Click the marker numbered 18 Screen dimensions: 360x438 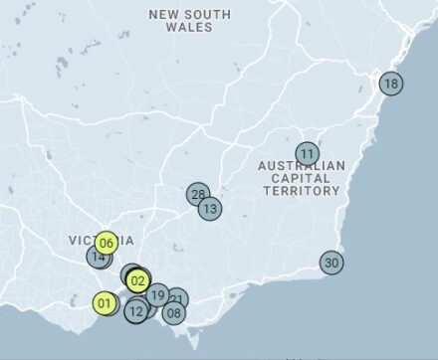[x=390, y=84]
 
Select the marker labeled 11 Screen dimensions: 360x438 [x=308, y=154]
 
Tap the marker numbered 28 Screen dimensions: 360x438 [x=198, y=194]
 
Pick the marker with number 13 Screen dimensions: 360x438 [x=209, y=209]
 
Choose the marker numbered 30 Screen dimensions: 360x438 [x=331, y=263]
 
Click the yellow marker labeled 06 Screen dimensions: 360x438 [x=108, y=243]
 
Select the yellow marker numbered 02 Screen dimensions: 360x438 [x=137, y=280]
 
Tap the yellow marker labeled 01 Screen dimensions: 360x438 [x=105, y=303]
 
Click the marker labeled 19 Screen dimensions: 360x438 [x=157, y=294]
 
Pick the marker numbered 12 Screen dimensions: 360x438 [x=136, y=311]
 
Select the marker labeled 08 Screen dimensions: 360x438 [x=174, y=313]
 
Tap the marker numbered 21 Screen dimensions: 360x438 [x=177, y=298]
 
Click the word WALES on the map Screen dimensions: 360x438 [x=190, y=28]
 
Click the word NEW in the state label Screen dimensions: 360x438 [x=164, y=14]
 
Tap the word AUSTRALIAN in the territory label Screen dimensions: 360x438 [x=302, y=165]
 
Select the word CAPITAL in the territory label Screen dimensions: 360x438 [x=301, y=178]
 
